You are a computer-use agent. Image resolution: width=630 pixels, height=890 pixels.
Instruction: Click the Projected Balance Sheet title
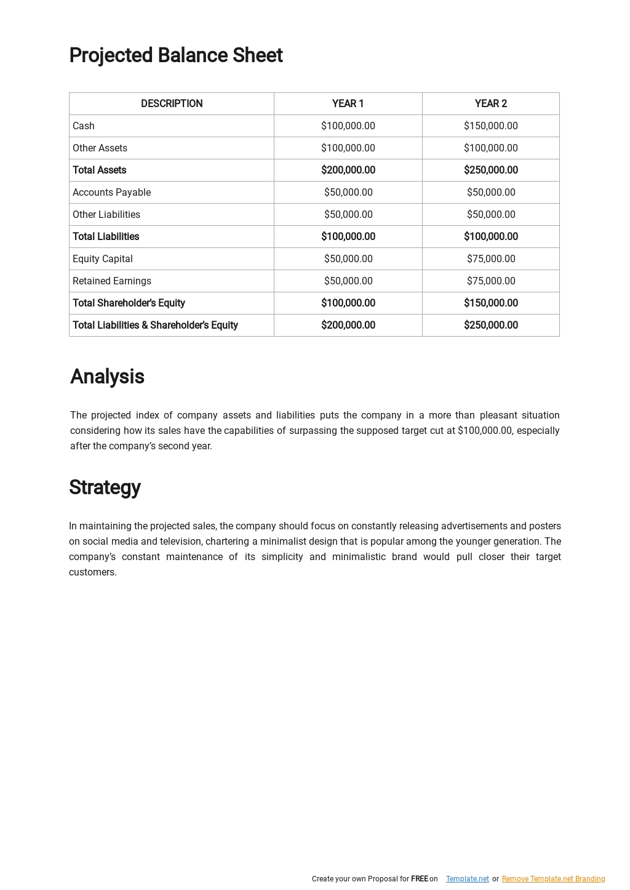click(175, 55)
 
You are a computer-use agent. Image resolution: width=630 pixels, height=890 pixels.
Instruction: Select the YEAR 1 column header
click(348, 103)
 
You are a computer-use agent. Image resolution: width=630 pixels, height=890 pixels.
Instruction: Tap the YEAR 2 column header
click(490, 103)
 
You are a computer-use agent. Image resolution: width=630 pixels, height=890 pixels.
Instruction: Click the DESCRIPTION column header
click(172, 103)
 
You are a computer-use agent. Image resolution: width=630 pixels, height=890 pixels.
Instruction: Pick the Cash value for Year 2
click(490, 126)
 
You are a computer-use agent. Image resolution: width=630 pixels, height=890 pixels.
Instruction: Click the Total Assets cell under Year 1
click(348, 170)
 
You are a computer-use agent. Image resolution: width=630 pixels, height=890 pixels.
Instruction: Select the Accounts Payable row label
click(111, 192)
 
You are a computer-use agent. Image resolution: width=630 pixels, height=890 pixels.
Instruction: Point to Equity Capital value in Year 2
click(490, 259)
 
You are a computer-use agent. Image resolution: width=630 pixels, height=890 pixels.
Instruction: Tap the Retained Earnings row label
click(111, 281)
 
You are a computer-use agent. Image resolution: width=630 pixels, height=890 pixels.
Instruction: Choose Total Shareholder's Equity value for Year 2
click(490, 303)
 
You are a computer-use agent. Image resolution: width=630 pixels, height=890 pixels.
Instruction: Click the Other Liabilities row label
click(106, 214)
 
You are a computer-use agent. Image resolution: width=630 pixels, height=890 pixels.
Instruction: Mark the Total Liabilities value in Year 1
click(348, 236)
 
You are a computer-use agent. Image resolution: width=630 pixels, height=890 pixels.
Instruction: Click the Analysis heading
click(107, 377)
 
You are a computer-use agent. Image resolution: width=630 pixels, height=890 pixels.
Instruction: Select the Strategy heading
click(105, 487)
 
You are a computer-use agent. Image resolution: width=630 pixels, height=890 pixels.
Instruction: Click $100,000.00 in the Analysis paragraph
click(484, 431)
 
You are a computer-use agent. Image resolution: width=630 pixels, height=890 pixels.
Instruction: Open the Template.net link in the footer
click(467, 879)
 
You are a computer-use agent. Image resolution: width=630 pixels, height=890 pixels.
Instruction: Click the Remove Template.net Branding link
click(553, 879)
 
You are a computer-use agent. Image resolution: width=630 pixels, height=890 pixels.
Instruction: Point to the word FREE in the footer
click(419, 879)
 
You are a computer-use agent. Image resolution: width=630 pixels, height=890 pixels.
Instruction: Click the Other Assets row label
click(100, 148)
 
